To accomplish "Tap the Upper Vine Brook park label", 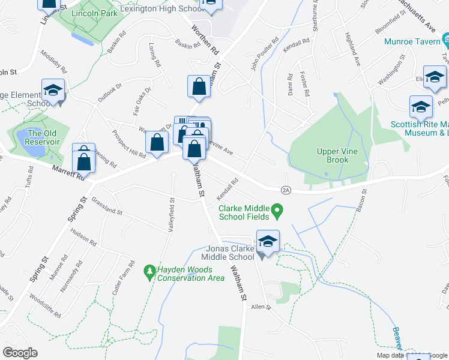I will pyautogui.click(x=341, y=156).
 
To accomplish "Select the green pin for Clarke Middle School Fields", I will pyautogui.click(x=277, y=211).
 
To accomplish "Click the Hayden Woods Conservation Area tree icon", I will pyautogui.click(x=149, y=274).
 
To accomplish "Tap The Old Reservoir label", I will pyautogui.click(x=43, y=137).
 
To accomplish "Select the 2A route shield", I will pyautogui.click(x=285, y=190).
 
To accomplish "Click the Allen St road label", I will pyautogui.click(x=262, y=307).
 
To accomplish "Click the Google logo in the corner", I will pyautogui.click(x=20, y=352).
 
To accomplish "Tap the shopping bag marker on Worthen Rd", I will pyautogui.click(x=199, y=86).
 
